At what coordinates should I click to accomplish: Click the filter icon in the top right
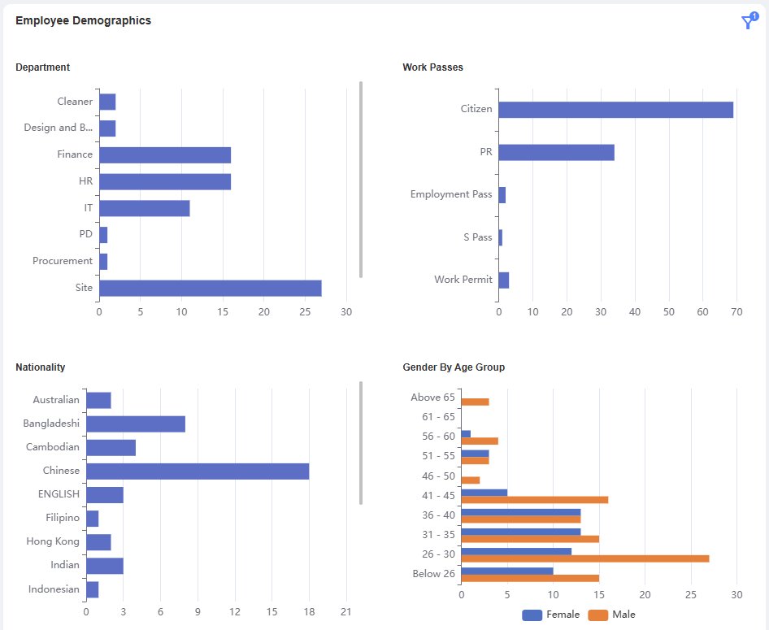tap(748, 22)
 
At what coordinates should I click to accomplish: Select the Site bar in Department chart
tap(210, 288)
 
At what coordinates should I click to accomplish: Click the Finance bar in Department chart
tap(164, 154)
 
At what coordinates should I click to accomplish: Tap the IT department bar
tap(144, 208)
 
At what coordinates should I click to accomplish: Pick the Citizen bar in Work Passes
tap(615, 110)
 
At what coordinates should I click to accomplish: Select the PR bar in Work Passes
tap(556, 152)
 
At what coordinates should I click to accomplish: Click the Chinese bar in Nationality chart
tap(197, 471)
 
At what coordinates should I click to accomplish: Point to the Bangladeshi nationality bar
tap(135, 424)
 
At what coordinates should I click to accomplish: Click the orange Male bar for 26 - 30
tap(584, 558)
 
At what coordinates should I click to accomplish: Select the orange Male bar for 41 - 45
tap(534, 500)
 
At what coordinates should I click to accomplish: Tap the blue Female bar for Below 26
tap(506, 571)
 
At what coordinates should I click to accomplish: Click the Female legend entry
tap(551, 615)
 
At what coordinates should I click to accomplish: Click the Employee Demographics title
tap(83, 21)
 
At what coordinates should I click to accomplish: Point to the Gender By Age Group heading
tap(454, 367)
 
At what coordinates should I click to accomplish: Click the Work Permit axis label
tap(463, 280)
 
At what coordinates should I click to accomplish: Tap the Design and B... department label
tap(59, 128)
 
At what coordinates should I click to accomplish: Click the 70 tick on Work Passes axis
tap(737, 311)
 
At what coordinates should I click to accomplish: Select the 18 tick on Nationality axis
tap(309, 611)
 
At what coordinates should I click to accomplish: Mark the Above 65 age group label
tap(432, 398)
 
